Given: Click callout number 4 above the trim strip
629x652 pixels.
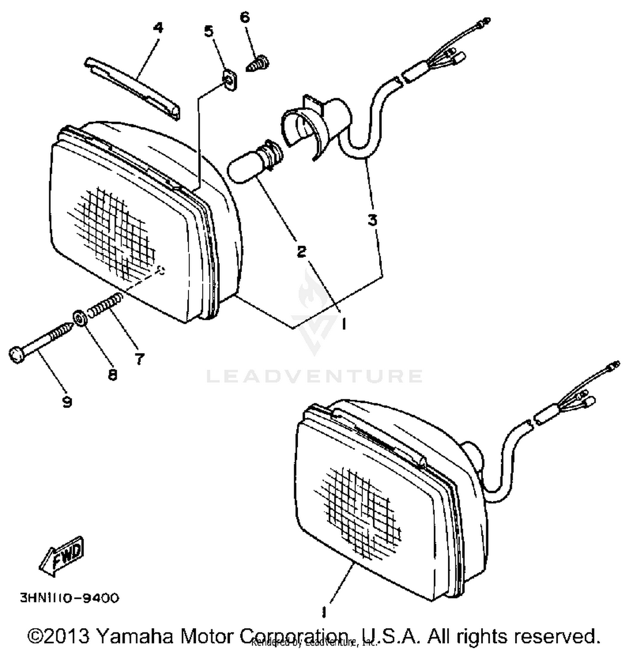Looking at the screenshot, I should click(158, 28).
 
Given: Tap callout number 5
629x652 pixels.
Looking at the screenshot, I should click(208, 31).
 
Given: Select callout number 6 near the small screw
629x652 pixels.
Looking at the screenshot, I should click(244, 17).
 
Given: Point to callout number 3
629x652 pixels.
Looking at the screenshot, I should click(372, 220).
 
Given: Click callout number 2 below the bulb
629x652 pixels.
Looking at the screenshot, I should click(301, 252).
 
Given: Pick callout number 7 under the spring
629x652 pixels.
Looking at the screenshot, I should click(139, 358).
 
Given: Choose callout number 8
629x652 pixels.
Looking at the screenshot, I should click(112, 374).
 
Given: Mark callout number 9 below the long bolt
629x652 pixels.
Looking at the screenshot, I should click(67, 402).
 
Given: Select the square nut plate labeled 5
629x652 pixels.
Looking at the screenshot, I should click(229, 81).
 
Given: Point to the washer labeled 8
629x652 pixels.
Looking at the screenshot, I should click(79, 318).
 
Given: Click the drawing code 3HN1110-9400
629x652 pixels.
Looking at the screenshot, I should click(70, 597).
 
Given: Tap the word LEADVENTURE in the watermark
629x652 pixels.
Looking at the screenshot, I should click(314, 376).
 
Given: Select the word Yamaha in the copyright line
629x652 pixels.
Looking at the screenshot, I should click(134, 636).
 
